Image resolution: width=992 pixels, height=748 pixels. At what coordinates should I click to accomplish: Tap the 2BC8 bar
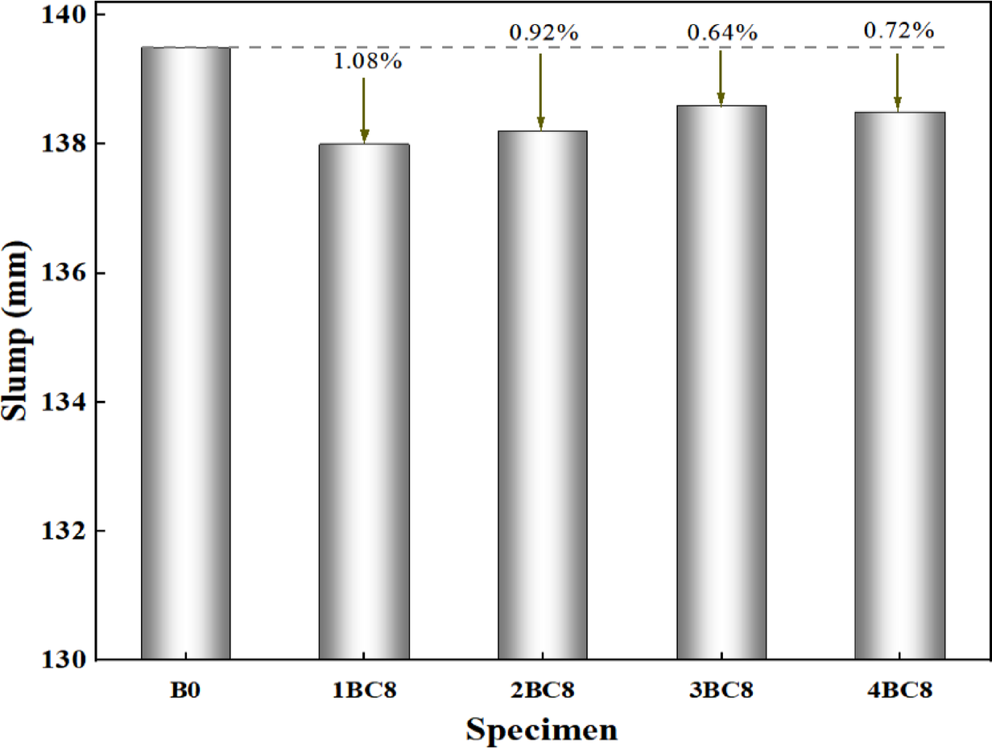(542, 395)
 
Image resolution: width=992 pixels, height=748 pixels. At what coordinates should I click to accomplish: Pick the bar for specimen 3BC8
(721, 382)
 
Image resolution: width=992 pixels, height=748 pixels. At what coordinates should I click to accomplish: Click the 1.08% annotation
(368, 62)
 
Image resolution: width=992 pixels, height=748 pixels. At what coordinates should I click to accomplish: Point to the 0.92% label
(544, 34)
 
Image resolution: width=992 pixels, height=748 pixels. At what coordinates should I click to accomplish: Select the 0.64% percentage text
(722, 33)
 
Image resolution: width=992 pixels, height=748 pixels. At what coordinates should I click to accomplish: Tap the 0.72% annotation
(899, 31)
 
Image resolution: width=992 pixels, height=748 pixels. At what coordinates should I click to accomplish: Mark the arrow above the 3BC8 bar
(721, 77)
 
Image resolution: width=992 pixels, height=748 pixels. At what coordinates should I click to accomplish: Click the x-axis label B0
(185, 690)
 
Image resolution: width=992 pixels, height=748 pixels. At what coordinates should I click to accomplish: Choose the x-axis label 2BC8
(542, 690)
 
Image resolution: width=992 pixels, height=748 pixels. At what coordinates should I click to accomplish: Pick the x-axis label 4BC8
(899, 690)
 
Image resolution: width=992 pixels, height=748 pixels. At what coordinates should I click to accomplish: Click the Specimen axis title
(542, 729)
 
